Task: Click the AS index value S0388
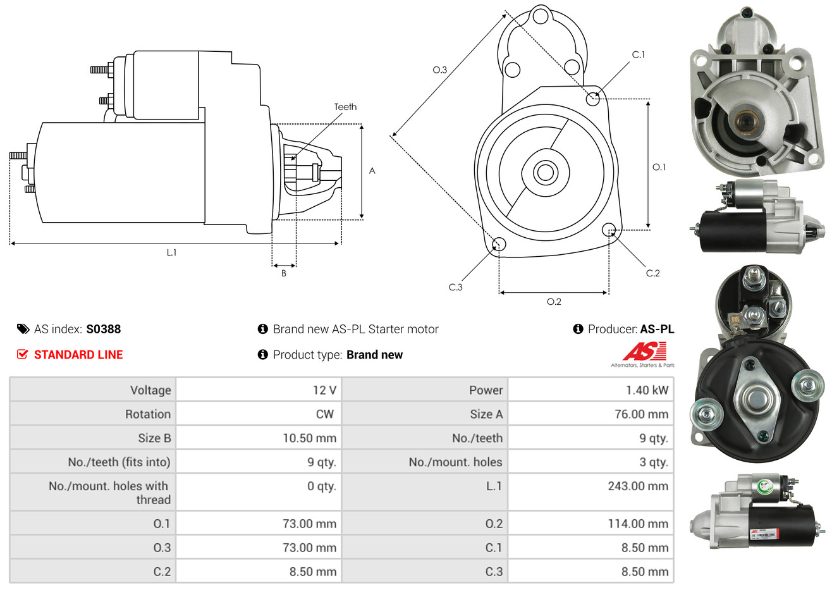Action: [x=103, y=329]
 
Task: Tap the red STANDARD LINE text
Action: [x=78, y=355]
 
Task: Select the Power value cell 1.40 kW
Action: [x=646, y=390]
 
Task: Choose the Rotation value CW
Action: [x=324, y=414]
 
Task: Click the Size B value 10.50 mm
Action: [x=309, y=438]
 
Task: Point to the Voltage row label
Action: [x=150, y=390]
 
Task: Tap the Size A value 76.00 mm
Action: [x=641, y=414]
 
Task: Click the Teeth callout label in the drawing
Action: [x=345, y=107]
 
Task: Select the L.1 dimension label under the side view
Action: [x=171, y=252]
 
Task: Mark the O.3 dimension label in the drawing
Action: [x=439, y=70]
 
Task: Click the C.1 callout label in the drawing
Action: [x=639, y=54]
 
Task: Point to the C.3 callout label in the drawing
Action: [x=455, y=287]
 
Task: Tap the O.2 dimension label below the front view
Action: [x=554, y=302]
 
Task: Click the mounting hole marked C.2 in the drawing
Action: [x=609, y=229]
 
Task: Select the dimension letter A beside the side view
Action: [x=372, y=171]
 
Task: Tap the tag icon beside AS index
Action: [x=23, y=329]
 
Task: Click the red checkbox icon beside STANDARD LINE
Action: [x=22, y=354]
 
